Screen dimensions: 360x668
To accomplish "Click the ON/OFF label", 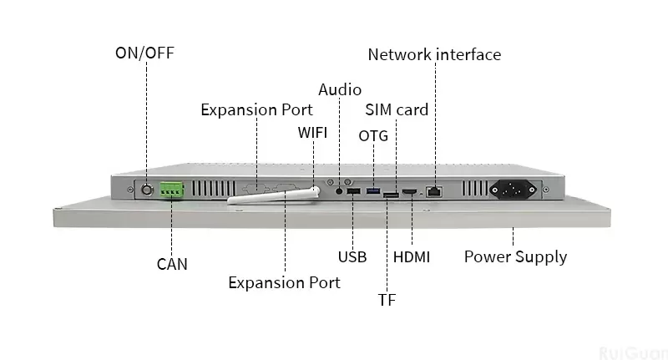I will click(x=144, y=53).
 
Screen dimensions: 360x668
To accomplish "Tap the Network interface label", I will click(x=434, y=54).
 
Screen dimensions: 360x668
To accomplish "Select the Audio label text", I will click(x=340, y=89).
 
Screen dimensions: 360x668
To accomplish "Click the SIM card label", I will click(x=397, y=110).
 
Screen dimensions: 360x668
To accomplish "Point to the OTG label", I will click(x=373, y=135).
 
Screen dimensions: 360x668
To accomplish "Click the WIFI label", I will click(x=313, y=133).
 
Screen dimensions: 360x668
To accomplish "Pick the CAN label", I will click(x=172, y=264).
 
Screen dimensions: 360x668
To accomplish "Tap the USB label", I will click(x=352, y=256).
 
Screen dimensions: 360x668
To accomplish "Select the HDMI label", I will click(x=412, y=256).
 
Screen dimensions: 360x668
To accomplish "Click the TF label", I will click(x=387, y=299).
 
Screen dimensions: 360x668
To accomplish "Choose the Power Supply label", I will click(x=515, y=256).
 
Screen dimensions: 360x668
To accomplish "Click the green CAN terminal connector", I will click(x=172, y=191).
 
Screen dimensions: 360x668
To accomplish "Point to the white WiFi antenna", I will click(x=276, y=195).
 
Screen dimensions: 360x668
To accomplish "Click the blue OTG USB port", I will click(x=372, y=192).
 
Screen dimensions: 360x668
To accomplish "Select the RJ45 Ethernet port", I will click(x=434, y=191).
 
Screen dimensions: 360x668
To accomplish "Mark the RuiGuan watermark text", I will click(x=633, y=351).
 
